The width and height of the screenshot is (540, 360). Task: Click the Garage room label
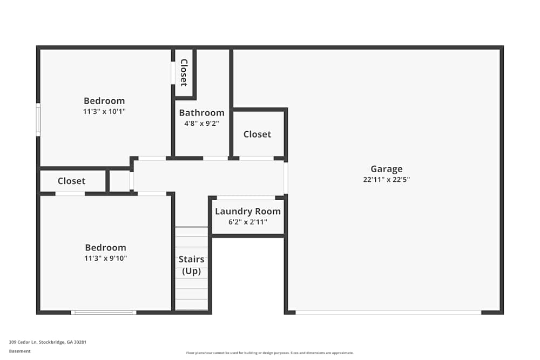coord(387,168)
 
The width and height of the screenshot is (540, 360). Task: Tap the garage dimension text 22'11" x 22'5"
coord(387,179)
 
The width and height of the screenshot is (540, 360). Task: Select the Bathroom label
coord(201,113)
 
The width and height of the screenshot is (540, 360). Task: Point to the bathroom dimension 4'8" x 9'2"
coord(201,123)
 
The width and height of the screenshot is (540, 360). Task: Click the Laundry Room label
coord(248,212)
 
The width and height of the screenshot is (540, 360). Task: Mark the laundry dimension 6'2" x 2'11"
coord(248,222)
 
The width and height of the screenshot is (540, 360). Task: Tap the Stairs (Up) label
coord(192,265)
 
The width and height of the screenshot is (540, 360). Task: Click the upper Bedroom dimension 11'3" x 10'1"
coord(104,112)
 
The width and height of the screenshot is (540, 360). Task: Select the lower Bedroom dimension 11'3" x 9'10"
coord(105,258)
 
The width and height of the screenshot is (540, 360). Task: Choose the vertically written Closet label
coord(184,73)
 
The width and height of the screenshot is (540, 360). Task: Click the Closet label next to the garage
coord(257,134)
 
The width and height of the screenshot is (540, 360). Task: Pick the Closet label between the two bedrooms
coord(71,181)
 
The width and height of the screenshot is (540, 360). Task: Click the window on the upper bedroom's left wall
coord(38,119)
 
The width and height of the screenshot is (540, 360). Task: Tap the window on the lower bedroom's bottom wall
coord(104,313)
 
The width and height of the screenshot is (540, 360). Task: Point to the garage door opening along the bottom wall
coord(388,313)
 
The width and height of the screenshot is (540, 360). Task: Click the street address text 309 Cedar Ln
coord(23,342)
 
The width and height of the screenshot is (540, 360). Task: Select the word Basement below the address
coord(19,351)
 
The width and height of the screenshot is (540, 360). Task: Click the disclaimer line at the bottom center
coord(269,353)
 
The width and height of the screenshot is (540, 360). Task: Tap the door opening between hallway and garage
coord(286,178)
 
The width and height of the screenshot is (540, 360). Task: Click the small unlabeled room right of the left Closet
coord(119,181)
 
